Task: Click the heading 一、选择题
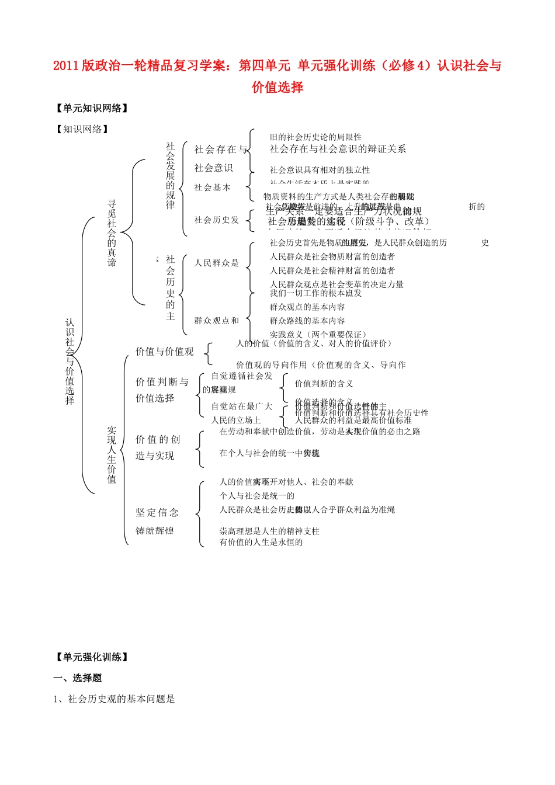point(78,678)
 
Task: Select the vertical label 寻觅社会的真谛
point(112,233)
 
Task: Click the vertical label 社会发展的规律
point(170,176)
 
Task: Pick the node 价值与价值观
point(165,352)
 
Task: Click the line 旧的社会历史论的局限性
point(315,137)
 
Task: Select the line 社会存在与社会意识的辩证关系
point(338,150)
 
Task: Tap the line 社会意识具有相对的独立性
point(320,170)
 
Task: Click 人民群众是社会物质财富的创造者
point(332,256)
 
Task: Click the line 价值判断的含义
point(324,384)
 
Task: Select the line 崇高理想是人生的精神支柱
point(269,531)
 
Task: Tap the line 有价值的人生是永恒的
point(261,542)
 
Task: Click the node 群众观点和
point(217,321)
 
